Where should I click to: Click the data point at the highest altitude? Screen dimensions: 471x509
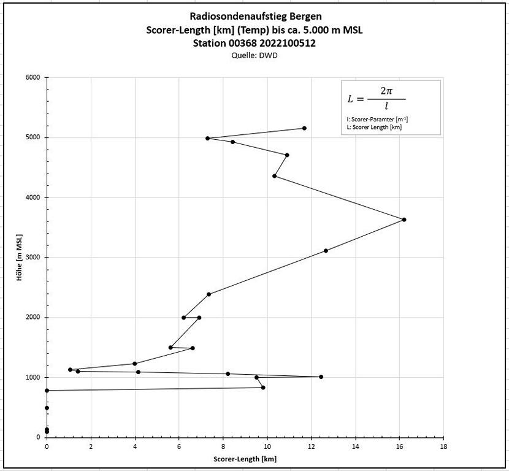coord(304,128)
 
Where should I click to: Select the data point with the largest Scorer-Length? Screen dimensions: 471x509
coord(404,220)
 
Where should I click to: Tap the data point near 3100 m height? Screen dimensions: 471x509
coord(326,250)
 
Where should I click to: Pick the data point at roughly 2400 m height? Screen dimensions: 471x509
coord(209,294)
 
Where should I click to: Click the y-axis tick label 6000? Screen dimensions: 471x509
coord(33,77)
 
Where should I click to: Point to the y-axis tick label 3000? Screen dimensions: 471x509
coord(33,258)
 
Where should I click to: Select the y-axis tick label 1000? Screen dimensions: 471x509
coord(33,377)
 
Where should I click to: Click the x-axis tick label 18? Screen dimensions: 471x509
coord(443,446)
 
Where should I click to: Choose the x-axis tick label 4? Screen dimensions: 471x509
coord(135,446)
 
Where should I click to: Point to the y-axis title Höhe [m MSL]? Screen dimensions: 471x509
coord(20,257)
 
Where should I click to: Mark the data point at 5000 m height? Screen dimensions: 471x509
coord(208,138)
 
